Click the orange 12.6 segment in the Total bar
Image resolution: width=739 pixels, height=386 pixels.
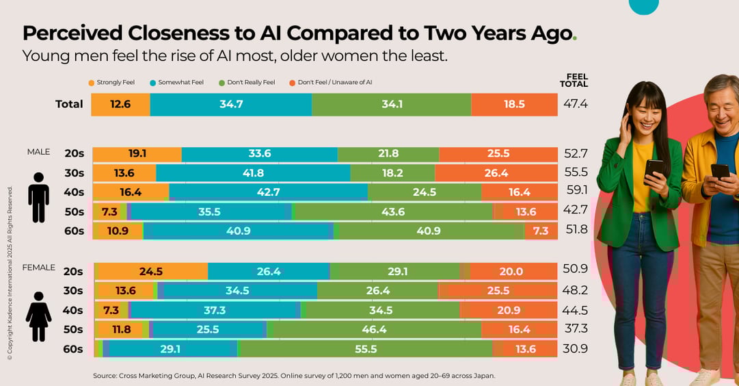click(120, 104)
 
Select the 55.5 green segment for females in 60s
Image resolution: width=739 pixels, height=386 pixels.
click(366, 349)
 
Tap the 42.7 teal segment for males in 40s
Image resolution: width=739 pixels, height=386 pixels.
click(268, 192)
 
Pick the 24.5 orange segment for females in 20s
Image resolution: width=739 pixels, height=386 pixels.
click(151, 272)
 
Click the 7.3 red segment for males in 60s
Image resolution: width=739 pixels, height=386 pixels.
click(541, 231)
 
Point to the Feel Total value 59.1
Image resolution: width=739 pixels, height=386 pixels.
click(576, 192)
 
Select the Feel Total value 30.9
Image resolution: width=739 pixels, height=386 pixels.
click(575, 349)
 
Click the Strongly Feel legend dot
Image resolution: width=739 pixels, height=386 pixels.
click(92, 83)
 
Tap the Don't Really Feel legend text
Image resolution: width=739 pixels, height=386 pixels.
click(251, 83)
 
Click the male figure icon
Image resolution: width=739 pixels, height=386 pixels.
click(38, 197)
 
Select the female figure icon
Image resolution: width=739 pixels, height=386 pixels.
click(38, 316)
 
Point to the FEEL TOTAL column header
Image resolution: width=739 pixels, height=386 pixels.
click(577, 80)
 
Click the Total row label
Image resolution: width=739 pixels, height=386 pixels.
click(69, 104)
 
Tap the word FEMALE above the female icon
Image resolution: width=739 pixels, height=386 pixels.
click(39, 268)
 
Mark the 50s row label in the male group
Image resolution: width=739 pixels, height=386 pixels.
click(74, 212)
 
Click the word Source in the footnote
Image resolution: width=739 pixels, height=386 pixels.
click(105, 376)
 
